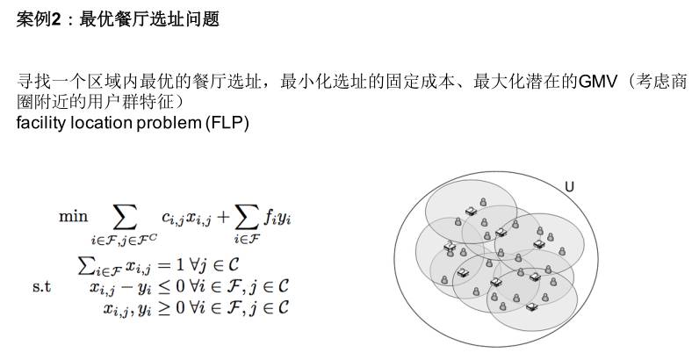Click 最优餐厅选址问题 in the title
pos(148,18)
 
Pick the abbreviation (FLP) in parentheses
pos(227,123)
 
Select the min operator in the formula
pos(74,214)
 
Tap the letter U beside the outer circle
pos(569,186)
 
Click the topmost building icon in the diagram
pos(472,211)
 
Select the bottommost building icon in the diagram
pos(531,306)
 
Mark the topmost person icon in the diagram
pos(483,203)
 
